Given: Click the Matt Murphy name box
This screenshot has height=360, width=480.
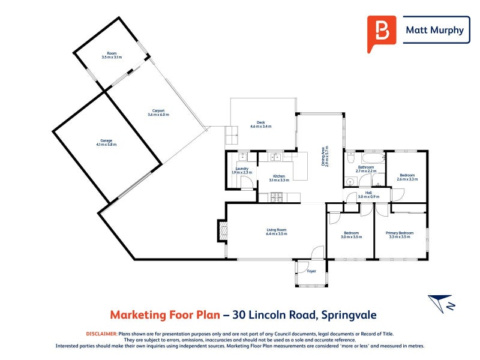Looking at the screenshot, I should click(x=436, y=30).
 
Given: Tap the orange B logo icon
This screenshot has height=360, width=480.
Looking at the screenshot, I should click(x=381, y=31).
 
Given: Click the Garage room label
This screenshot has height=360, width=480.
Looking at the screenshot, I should click(x=106, y=142).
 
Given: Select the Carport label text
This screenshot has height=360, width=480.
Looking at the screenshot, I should click(x=158, y=112).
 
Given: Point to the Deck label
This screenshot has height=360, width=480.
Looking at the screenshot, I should click(x=261, y=124).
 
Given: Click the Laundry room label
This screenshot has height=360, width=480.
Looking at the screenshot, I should click(x=242, y=170).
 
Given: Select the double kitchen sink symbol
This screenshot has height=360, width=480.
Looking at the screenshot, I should click(x=277, y=158).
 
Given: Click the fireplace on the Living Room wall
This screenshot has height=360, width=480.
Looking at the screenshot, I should click(x=222, y=230).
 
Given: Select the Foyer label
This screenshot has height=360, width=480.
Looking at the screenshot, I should click(x=311, y=271).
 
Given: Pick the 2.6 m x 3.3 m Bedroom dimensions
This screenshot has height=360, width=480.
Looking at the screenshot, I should click(x=407, y=179).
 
